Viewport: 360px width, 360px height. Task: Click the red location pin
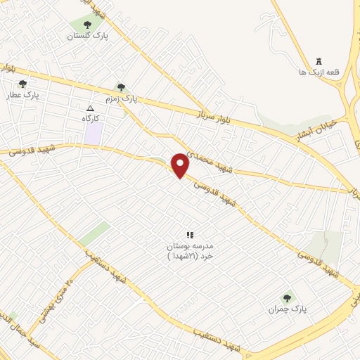(x=181, y=165)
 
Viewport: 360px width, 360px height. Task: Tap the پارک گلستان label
(x=89, y=36)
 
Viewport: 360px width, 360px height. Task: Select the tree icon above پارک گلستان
(x=87, y=25)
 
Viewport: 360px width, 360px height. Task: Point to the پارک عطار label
(x=23, y=94)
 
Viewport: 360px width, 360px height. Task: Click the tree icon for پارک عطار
(x=22, y=83)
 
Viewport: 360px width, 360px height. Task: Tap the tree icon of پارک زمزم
(x=121, y=87)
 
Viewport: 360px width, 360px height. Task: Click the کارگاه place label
(x=90, y=119)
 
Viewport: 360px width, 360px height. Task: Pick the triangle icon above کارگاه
(x=89, y=108)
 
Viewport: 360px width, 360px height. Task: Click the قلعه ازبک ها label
(x=313, y=72)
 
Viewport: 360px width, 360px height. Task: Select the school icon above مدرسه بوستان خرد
(x=188, y=235)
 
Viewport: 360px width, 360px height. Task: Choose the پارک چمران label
(x=288, y=309)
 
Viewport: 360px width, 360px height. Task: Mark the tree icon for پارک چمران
(x=287, y=298)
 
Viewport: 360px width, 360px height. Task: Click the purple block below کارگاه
(x=92, y=134)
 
